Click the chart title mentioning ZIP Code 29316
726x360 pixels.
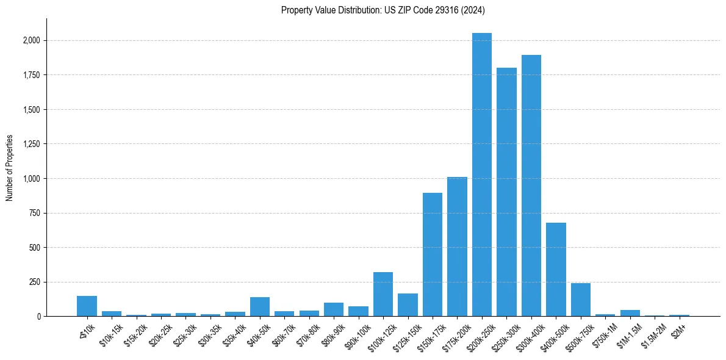click(x=383, y=10)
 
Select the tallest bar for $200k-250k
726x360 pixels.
click(x=482, y=175)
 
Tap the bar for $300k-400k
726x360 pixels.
click(x=531, y=185)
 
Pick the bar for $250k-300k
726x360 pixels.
click(x=506, y=192)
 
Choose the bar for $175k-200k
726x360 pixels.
click(x=457, y=247)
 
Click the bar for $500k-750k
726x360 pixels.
click(x=581, y=300)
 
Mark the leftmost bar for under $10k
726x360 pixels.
click(x=87, y=306)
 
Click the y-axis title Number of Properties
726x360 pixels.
click(x=10, y=168)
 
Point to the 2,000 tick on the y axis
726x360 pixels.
click(x=32, y=41)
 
